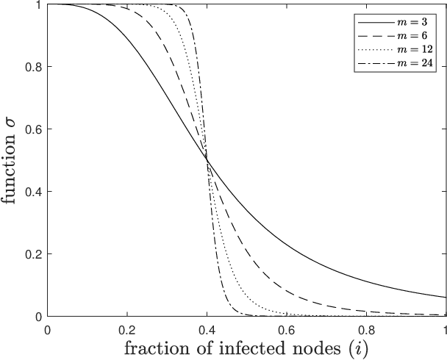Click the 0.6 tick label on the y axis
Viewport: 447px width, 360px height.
(33, 129)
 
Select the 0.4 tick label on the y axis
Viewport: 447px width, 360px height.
(33, 192)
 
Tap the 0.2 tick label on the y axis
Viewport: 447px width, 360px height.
(33, 254)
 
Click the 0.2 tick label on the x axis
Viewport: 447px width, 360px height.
(127, 331)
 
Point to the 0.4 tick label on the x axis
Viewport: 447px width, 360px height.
(207, 331)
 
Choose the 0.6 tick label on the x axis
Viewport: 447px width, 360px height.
(287, 331)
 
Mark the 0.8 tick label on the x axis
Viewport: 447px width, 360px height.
(366, 331)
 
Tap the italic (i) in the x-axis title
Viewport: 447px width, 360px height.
(358, 348)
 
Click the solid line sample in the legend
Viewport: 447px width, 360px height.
(376, 22)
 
